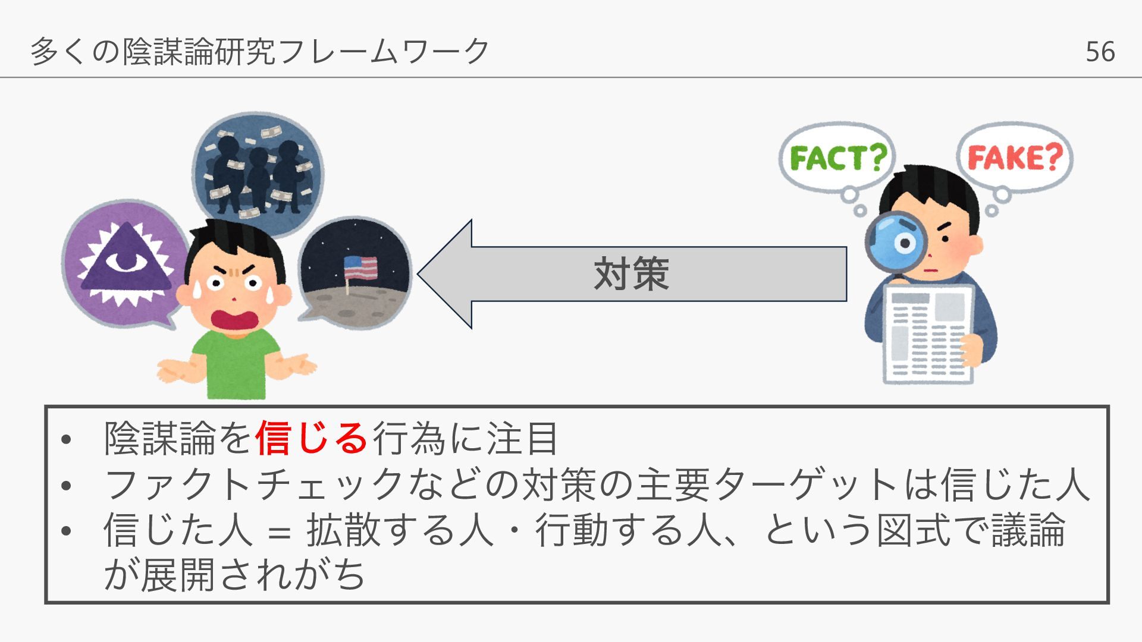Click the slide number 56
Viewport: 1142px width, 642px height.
1100,52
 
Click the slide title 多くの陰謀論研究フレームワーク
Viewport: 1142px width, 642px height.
260,51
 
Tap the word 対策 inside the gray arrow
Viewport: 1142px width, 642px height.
632,274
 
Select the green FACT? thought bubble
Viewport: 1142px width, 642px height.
837,158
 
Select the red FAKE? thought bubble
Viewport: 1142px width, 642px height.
1015,158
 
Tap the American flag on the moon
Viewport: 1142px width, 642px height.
360,267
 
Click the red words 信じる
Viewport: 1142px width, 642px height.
311,439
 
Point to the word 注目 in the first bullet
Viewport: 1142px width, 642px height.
522,439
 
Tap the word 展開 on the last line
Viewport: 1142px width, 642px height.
177,575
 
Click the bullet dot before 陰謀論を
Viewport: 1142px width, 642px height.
66,440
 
